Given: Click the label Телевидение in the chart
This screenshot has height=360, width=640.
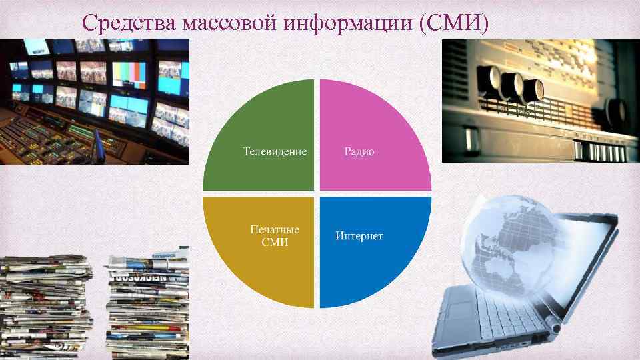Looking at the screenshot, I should tap(275, 152).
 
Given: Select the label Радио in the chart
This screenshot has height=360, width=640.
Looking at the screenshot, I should tap(359, 152).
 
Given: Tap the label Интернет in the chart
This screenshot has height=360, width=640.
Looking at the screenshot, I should tap(359, 236).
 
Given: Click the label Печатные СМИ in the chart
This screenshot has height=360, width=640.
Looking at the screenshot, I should tap(275, 235).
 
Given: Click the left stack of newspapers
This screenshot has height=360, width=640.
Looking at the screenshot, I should tap(43, 307).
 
